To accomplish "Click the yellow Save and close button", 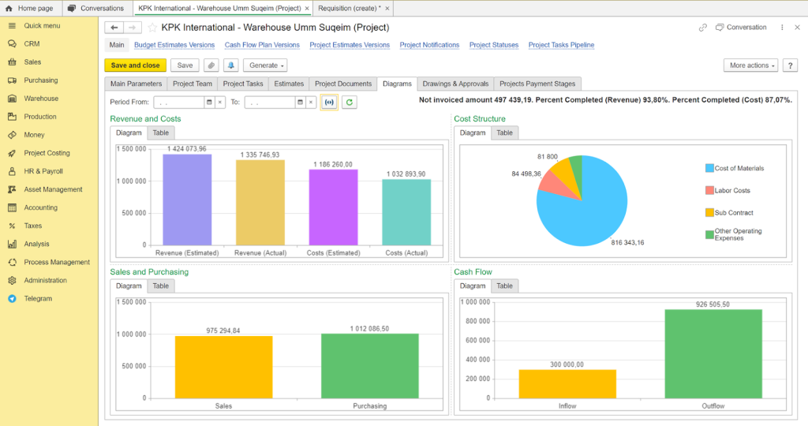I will [135, 65].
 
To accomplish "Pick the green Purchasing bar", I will [369, 367].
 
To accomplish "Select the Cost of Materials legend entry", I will [739, 168].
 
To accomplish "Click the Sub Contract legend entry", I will [734, 213].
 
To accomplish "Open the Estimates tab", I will [289, 84].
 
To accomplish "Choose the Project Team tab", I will [193, 84].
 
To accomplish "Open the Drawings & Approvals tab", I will [456, 84].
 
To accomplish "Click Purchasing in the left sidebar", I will [41, 80].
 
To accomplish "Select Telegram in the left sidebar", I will [38, 299].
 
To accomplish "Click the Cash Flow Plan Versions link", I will [262, 45].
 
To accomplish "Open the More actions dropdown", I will [750, 65].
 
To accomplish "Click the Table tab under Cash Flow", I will [505, 286].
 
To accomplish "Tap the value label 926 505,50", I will [713, 304].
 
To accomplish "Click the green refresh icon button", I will [349, 102].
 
